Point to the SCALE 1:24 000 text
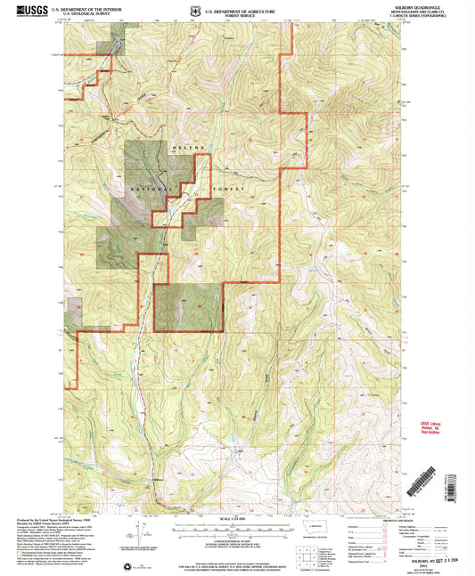237,518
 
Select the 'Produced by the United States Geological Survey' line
49,516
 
